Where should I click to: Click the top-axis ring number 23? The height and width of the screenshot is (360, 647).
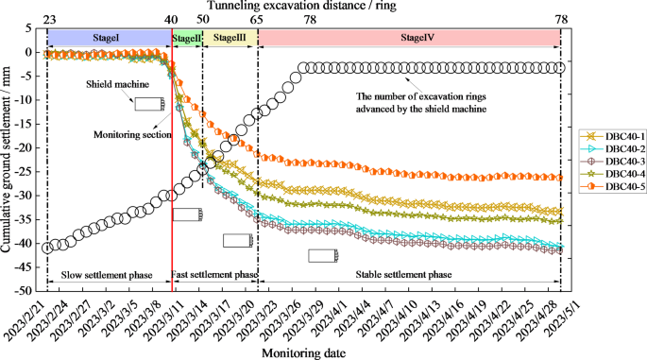pyautogui.click(x=47, y=19)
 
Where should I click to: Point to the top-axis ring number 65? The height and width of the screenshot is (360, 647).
pyautogui.click(x=257, y=19)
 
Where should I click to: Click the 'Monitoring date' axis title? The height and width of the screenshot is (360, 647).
pyautogui.click(x=303, y=351)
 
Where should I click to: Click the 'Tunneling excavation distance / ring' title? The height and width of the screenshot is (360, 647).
pyautogui.click(x=302, y=6)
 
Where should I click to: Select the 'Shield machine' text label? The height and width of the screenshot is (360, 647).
pyautogui.click(x=117, y=82)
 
